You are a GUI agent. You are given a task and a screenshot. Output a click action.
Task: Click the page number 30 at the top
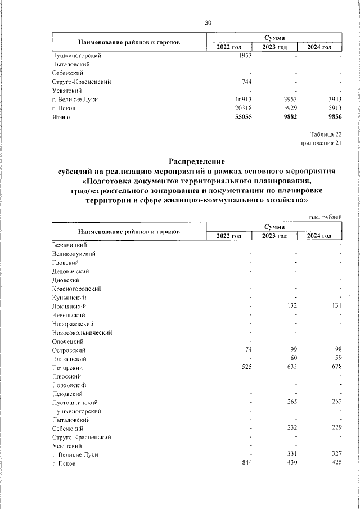click(x=208, y=22)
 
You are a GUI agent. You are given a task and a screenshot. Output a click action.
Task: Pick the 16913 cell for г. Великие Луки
click(x=241, y=99)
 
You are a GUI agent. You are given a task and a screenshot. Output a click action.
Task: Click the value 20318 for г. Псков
click(x=241, y=108)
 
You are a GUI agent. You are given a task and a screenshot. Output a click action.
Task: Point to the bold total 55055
click(x=241, y=117)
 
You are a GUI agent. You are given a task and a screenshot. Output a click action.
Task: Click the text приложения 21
click(x=321, y=143)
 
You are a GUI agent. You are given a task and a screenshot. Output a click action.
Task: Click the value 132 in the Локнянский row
click(x=290, y=306)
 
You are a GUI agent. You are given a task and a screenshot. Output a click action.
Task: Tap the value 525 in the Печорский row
click(x=245, y=367)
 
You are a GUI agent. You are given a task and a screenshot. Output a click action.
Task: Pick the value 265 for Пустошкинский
click(x=290, y=403)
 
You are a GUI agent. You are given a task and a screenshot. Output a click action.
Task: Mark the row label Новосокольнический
click(x=82, y=332)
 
